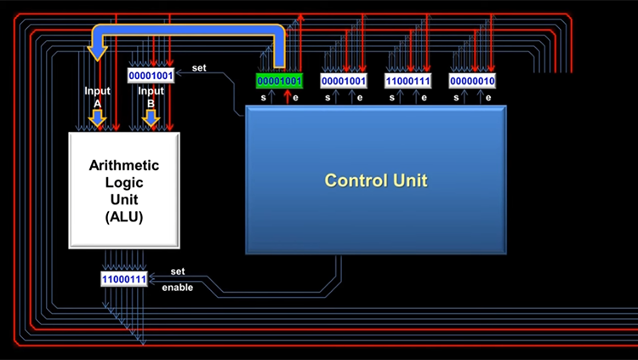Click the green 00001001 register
pyautogui.click(x=279, y=81)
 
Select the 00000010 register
pyautogui.click(x=472, y=81)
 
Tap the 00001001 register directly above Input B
pyautogui.click(x=151, y=76)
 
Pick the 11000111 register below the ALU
pyautogui.click(x=124, y=279)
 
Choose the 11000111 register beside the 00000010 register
pyautogui.click(x=407, y=81)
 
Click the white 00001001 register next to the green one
pyautogui.click(x=344, y=81)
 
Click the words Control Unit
pyautogui.click(x=376, y=180)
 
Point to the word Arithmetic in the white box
pyautogui.click(x=124, y=165)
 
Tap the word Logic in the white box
pyautogui.click(x=124, y=182)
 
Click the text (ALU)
pyautogui.click(x=124, y=217)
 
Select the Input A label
pyautogui.click(x=97, y=97)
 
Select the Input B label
pyautogui.click(x=151, y=97)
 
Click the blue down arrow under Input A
pyautogui.click(x=97, y=117)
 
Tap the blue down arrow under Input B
pyautogui.click(x=151, y=117)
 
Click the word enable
pyautogui.click(x=178, y=288)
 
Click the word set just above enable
pyautogui.click(x=178, y=271)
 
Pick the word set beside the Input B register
pyautogui.click(x=199, y=68)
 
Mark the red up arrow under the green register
pyautogui.click(x=288, y=96)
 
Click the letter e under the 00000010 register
pyautogui.click(x=488, y=98)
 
